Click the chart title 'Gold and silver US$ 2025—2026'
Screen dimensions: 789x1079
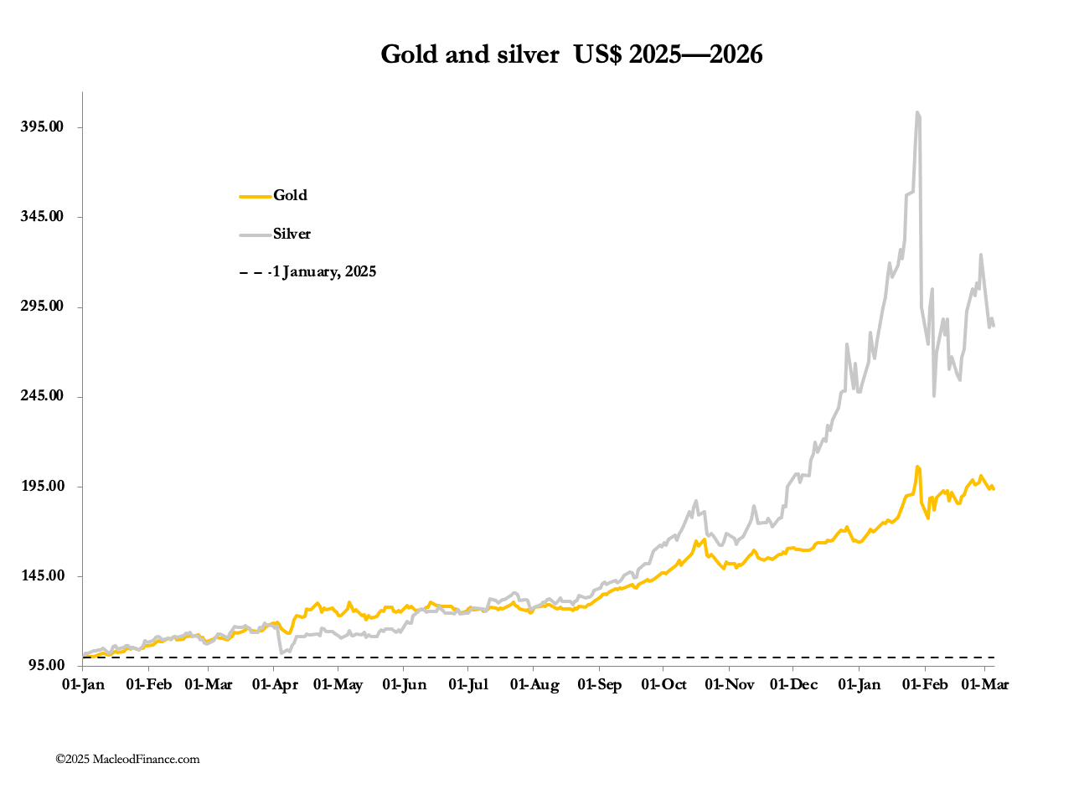pos(571,54)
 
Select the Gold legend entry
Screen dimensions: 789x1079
pos(290,195)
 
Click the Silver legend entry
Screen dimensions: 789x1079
pos(292,234)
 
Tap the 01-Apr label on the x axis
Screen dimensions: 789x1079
pos(274,685)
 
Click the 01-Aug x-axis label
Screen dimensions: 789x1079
pos(534,685)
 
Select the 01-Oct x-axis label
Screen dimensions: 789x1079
pos(663,685)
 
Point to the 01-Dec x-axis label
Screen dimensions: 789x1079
pos(792,685)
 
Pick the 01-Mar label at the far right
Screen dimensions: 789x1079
pos(983,685)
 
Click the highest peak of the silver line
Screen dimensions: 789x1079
pos(917,112)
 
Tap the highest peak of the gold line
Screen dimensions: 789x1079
pos(917,467)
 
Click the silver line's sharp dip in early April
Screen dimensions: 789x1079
pos(282,652)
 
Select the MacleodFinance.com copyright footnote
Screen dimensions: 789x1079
pos(128,759)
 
